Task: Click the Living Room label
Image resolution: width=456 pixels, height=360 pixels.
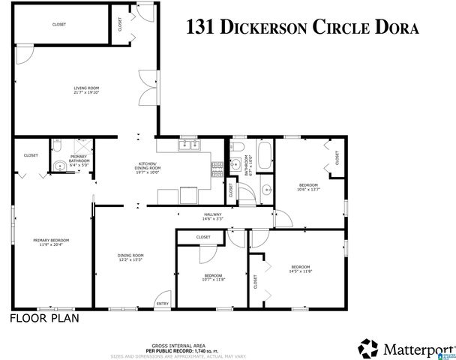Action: coord(86,91)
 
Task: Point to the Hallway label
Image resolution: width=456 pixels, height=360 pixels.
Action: coord(213,217)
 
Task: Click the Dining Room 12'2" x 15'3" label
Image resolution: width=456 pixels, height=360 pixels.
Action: coord(130,258)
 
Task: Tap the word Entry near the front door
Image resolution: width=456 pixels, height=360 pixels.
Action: coord(161,304)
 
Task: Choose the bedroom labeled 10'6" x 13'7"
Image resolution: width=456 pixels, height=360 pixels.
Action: coord(309,187)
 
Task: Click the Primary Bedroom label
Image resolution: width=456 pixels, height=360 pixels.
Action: coord(47,242)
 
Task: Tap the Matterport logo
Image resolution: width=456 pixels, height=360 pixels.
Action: coord(403,347)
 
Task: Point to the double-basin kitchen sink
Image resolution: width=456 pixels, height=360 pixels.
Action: coord(187,145)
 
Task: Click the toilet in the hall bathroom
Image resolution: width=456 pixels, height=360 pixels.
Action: coord(236,145)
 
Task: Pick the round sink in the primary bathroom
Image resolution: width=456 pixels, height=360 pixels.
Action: coord(58,166)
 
